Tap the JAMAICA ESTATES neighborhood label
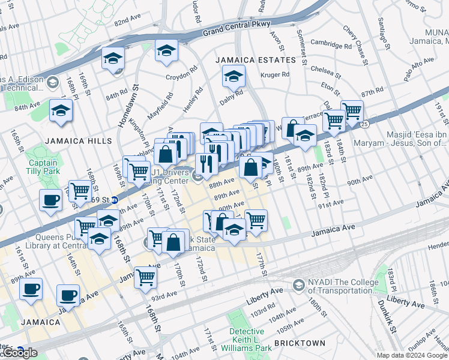[255, 60]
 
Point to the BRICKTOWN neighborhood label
[300, 343]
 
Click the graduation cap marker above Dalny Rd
[234, 76]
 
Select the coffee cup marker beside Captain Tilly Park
[50, 200]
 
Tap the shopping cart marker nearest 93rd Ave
[146, 278]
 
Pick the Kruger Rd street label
[275, 75]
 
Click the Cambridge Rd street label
[331, 45]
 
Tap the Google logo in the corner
[21, 353]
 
